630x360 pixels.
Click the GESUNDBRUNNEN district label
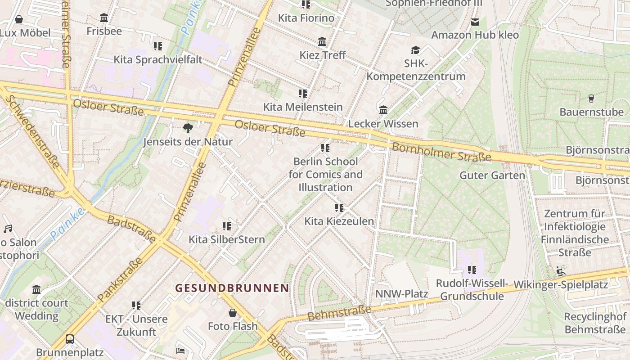232,288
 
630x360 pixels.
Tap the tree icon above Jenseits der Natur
188,129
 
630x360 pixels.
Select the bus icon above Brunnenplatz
70,339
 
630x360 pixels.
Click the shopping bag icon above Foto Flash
233,313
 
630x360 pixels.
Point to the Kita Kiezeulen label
339,221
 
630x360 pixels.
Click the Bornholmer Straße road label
441,152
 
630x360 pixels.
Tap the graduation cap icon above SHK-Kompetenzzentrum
415,50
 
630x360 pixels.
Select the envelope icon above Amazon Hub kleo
475,22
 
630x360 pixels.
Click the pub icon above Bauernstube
591,99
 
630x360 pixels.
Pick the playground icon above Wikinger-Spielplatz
560,271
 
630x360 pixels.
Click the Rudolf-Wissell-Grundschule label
472,290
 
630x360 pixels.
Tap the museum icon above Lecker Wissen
383,110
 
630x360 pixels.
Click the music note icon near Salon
8,229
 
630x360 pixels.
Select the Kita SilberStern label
226,239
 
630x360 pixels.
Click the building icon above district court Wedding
36,289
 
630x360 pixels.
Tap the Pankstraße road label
119,280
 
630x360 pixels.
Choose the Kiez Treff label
323,55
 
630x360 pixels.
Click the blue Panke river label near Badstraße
67,223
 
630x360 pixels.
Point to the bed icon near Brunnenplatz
180,351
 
